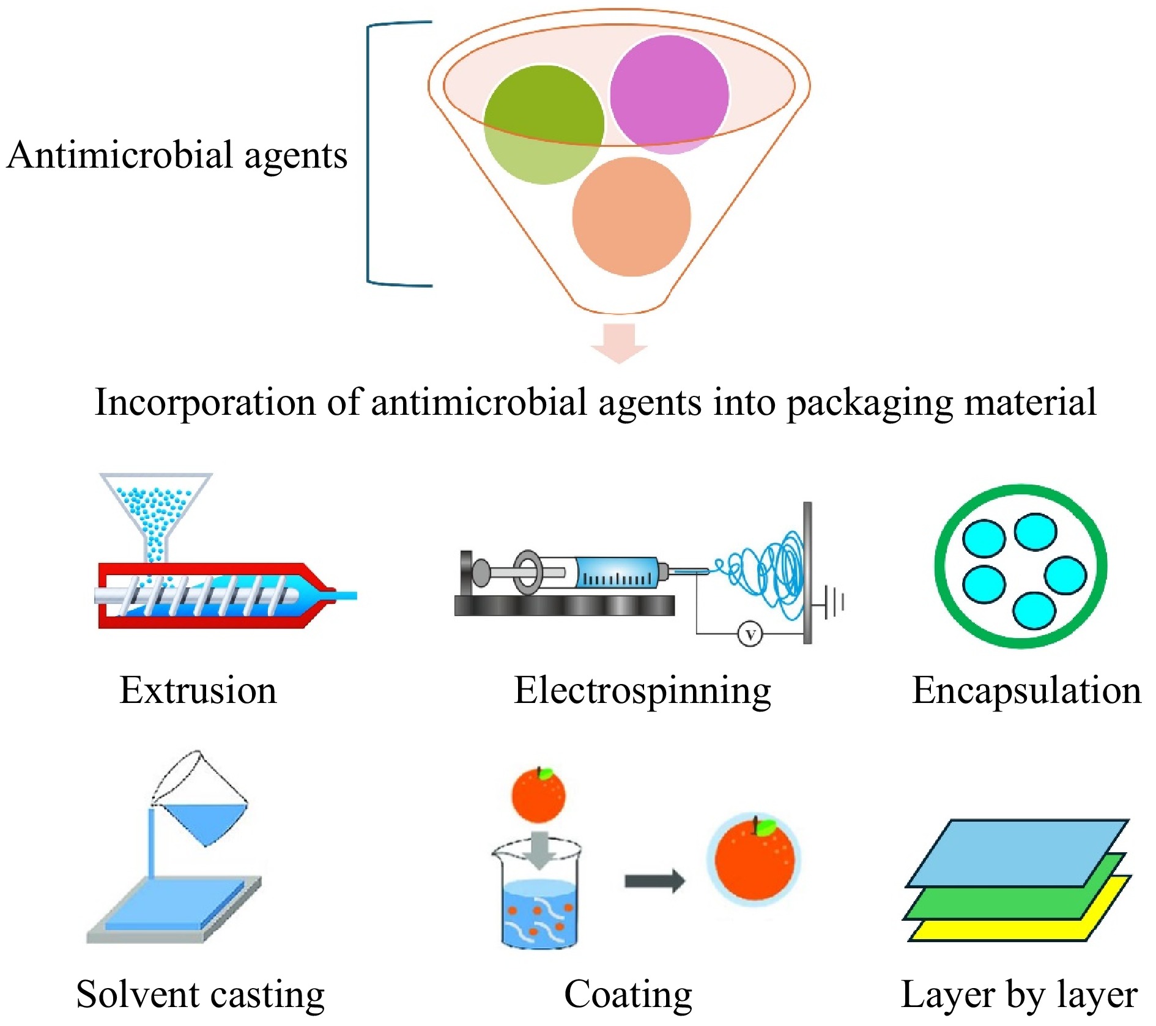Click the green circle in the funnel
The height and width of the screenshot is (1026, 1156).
tap(543, 124)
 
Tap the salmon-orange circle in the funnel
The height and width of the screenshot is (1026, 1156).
tap(631, 217)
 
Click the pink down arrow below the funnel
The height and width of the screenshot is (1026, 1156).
tap(619, 343)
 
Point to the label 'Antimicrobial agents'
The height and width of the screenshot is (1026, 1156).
tap(177, 155)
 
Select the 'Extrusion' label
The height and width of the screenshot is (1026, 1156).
tap(198, 690)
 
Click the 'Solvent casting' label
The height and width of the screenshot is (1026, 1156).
tap(200, 995)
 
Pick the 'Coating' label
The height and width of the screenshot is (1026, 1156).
tap(628, 995)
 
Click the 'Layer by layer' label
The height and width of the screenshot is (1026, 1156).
tap(1019, 995)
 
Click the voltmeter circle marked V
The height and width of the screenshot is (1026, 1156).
tap(750, 633)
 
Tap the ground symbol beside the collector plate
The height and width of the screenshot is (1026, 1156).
tap(833, 602)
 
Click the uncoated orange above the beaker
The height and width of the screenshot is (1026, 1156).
tap(538, 795)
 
